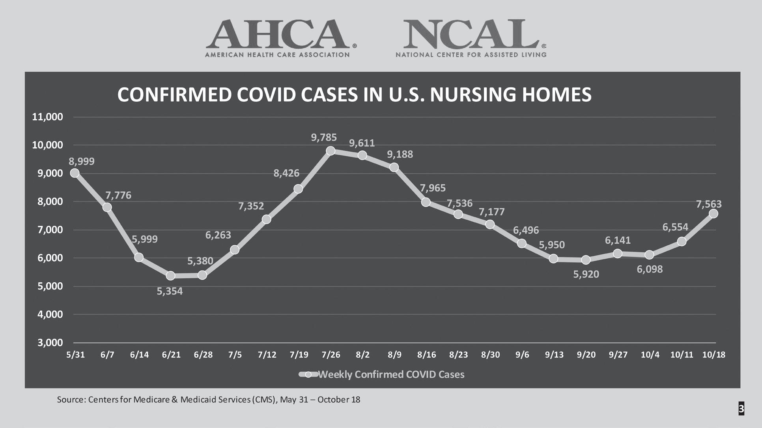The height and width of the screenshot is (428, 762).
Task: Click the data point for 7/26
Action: tap(331, 151)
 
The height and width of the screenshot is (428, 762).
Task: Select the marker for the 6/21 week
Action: tap(170, 276)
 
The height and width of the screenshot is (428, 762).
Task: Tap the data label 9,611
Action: tap(362, 143)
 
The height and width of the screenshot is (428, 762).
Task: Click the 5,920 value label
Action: tap(586, 274)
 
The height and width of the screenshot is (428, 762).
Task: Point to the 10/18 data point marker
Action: tap(713, 213)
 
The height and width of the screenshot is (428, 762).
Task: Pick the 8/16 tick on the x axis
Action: tap(426, 355)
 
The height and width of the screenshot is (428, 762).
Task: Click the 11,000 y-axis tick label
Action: tap(47, 117)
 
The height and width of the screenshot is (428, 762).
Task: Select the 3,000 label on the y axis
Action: tap(50, 343)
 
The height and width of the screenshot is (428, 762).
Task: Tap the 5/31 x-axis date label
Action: tap(75, 355)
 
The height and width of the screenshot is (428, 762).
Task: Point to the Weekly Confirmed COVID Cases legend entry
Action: tap(382, 374)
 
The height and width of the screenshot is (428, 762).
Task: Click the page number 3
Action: tap(741, 409)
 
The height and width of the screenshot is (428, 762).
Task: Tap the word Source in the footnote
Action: tap(71, 400)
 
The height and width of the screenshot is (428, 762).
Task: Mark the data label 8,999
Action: tap(82, 161)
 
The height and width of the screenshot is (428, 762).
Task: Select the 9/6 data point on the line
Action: tap(521, 243)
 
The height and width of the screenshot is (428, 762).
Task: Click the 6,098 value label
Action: tap(650, 269)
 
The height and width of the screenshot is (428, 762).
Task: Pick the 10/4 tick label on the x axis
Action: tap(650, 355)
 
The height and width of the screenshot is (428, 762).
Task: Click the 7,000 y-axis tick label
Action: tap(50, 230)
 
